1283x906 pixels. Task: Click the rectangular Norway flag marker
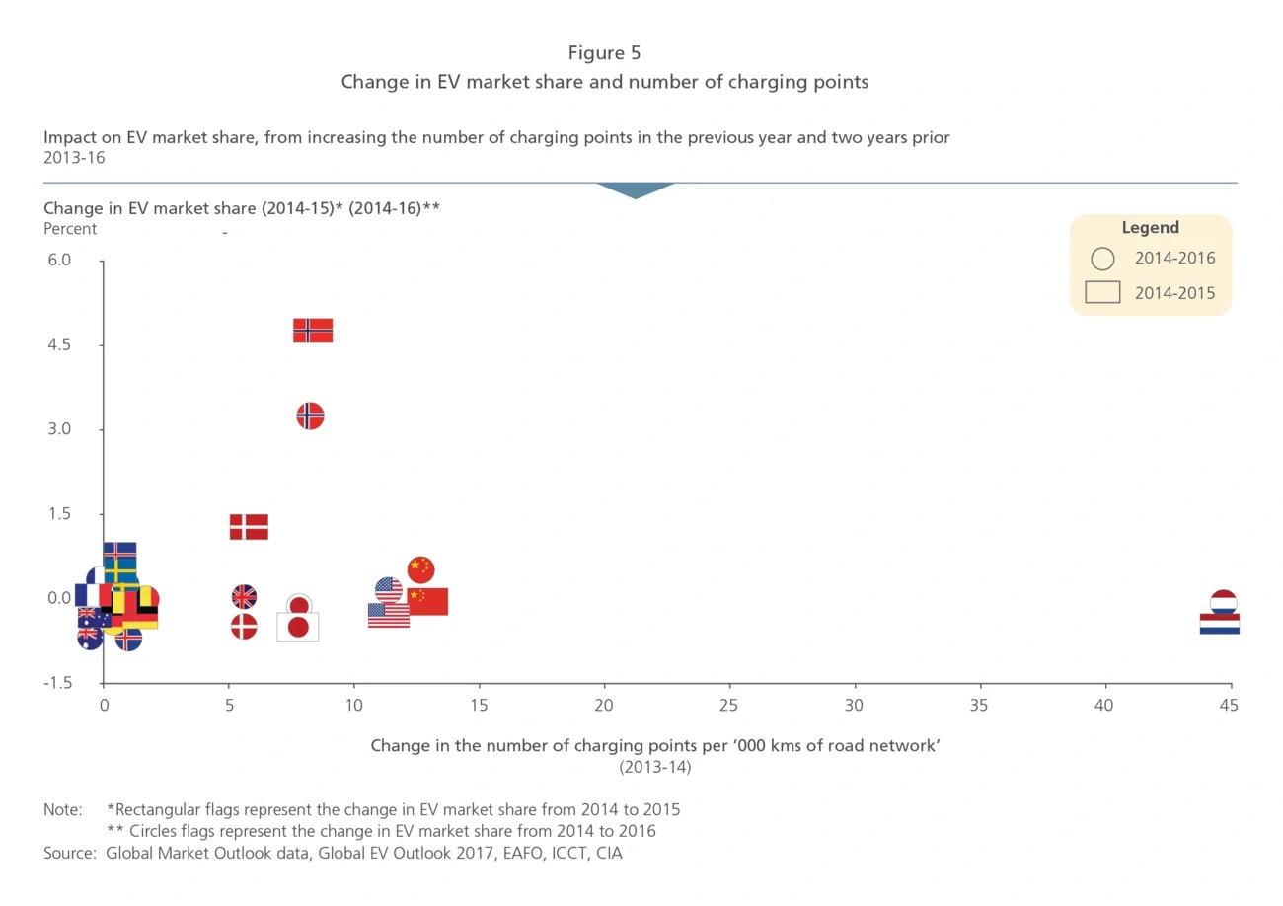pos(313,331)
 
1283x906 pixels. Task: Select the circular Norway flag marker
pos(310,416)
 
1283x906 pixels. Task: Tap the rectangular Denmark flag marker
pos(249,527)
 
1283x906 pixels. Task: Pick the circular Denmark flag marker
pos(244,627)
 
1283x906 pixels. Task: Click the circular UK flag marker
pos(244,597)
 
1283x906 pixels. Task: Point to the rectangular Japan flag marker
pos(297,627)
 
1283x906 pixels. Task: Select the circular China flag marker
pos(420,569)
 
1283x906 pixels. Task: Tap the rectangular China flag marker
pos(427,602)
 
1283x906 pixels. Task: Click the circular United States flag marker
pos(389,590)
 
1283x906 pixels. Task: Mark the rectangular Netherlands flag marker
pos(1219,624)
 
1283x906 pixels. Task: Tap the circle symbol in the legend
pos(1102,260)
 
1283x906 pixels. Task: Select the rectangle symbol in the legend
pos(1102,293)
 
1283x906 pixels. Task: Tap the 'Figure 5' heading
pos(604,53)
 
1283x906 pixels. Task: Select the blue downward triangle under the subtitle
pos(636,189)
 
